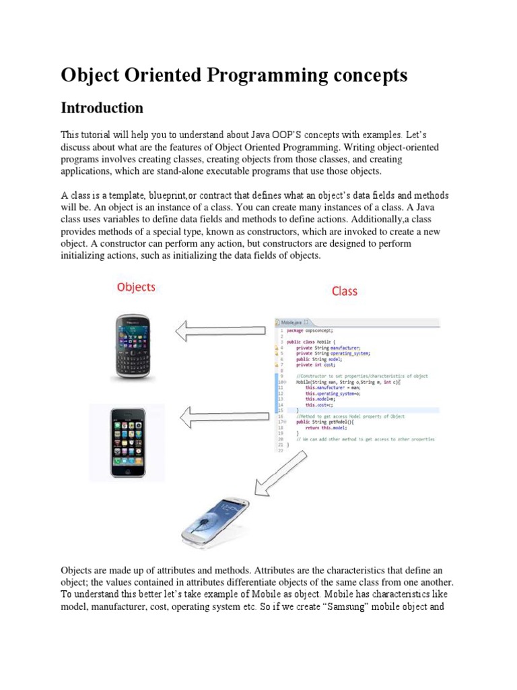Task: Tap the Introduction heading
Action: [102, 108]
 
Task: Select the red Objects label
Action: [136, 287]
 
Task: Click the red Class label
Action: [344, 291]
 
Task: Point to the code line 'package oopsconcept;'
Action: [309, 331]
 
